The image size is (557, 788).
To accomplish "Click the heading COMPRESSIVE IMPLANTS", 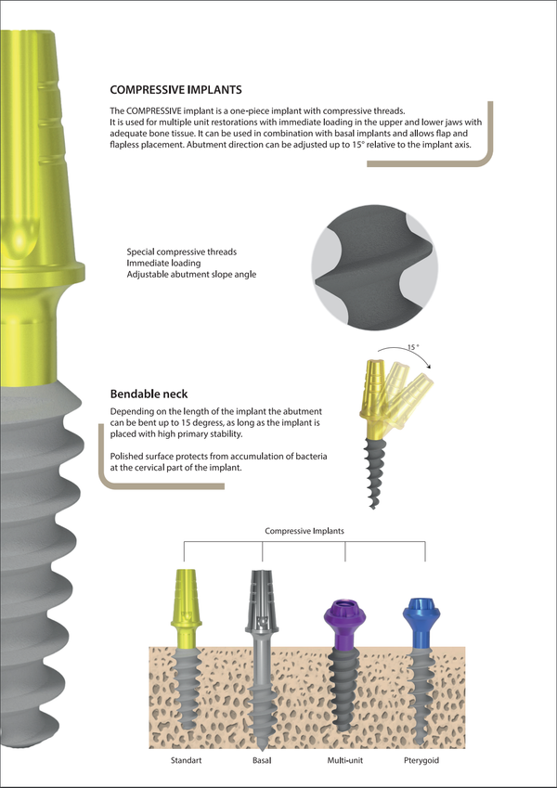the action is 176,89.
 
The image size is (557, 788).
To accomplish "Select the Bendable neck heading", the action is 149,394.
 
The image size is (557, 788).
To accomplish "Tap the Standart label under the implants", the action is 186,760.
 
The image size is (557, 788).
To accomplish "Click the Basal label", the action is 262,760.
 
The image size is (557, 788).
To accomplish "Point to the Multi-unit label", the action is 344,760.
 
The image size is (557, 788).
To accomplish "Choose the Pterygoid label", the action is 421,761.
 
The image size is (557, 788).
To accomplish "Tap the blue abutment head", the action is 421,611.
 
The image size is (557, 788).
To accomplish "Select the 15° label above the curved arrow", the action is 413,347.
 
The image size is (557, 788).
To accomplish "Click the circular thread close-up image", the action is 374,267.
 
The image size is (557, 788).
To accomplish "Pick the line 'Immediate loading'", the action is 163,263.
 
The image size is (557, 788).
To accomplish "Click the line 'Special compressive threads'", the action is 181,252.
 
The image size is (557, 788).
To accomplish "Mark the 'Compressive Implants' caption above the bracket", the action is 304,531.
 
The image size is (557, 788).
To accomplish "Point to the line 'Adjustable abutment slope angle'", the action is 191,275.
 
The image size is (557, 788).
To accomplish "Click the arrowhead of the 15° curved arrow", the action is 428,367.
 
